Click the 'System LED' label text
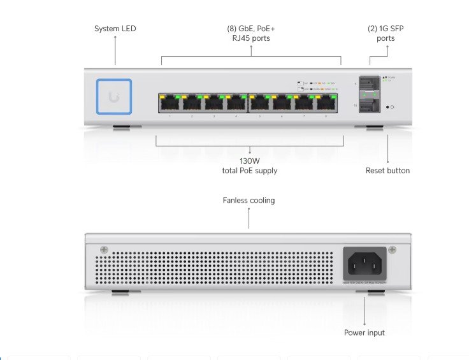115,29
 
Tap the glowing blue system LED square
114,96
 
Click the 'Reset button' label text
387,171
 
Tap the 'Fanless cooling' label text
249,200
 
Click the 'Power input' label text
364,333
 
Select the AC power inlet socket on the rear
365,261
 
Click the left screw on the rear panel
104,249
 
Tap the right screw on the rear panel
393,249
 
